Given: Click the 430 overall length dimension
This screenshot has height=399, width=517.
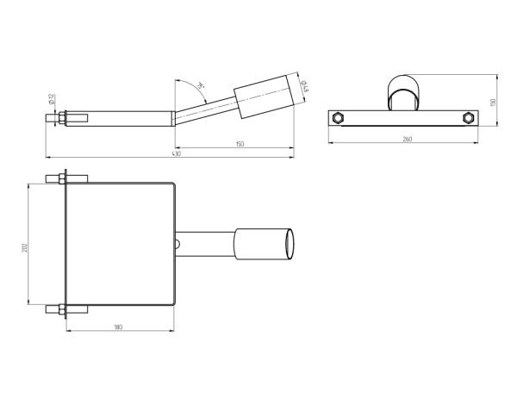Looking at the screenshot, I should [x=176, y=154].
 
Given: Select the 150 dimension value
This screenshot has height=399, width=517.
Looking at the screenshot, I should [x=239, y=144].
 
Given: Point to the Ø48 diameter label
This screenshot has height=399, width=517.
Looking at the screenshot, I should [x=305, y=84].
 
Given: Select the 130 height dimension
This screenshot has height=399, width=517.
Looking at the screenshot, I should [x=492, y=103].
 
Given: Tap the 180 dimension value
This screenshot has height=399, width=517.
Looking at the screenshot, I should [x=118, y=327].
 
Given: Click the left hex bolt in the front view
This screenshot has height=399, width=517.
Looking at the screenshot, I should [x=339, y=117].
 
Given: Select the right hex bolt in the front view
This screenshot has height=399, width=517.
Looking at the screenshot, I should [x=468, y=117].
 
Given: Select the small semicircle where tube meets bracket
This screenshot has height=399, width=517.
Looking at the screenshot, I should [x=178, y=244].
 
